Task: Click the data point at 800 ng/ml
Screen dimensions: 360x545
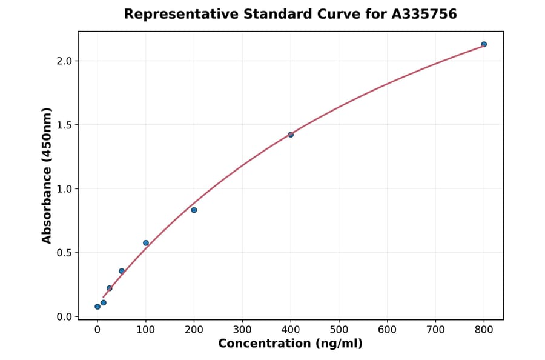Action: click(x=484, y=44)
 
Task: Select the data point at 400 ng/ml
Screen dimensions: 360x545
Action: click(x=291, y=135)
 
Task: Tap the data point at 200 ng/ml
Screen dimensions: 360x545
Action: click(x=194, y=210)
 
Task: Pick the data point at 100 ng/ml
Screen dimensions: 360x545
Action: click(x=146, y=243)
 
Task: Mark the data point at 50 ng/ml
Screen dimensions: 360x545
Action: click(x=122, y=271)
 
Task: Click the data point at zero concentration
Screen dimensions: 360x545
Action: click(x=97, y=307)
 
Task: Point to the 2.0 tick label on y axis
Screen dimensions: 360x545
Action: click(x=65, y=61)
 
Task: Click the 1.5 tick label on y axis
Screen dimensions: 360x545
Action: click(x=65, y=125)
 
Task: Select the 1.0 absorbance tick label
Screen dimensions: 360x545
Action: click(x=65, y=189)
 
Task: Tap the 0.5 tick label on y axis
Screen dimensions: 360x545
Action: click(x=65, y=253)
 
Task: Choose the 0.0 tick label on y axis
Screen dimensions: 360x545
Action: click(x=65, y=317)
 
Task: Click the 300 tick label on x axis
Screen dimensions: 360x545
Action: click(x=242, y=330)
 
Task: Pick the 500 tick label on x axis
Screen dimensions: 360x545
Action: click(x=339, y=330)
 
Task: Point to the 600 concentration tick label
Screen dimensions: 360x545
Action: click(x=388, y=330)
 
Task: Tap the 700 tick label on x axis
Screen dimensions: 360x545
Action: click(x=436, y=330)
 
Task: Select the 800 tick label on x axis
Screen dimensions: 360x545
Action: click(x=484, y=330)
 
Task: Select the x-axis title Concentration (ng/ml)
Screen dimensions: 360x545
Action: click(x=290, y=344)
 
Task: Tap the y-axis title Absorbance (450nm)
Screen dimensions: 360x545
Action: click(x=47, y=175)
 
